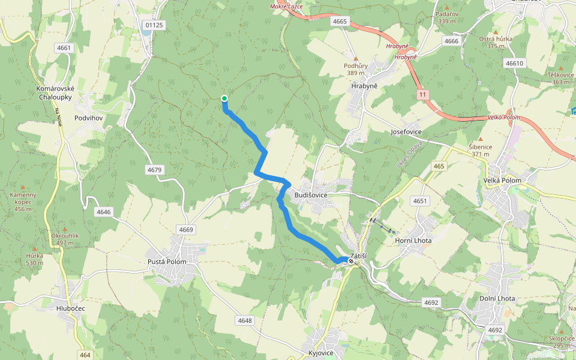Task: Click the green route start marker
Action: tap(224, 98)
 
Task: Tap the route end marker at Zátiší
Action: tap(351, 261)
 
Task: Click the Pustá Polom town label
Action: tap(167, 262)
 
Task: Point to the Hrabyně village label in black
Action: tap(364, 86)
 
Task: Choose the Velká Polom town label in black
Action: tap(502, 181)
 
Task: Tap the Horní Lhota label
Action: tap(413, 241)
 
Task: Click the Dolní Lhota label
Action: tap(497, 299)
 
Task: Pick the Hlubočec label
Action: tap(71, 308)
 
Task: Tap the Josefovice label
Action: tap(406, 131)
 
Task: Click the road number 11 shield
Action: tap(423, 95)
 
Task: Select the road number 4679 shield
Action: tap(154, 170)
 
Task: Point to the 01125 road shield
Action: tap(154, 25)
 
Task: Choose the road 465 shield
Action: tap(440, 166)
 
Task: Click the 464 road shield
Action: tap(85, 355)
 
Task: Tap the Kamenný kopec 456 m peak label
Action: tap(23, 202)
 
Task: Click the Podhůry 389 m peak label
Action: tap(355, 69)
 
